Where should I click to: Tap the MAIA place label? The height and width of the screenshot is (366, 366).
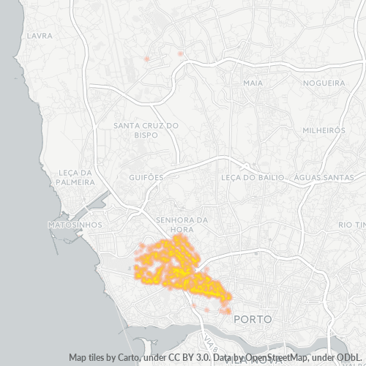click(253, 83)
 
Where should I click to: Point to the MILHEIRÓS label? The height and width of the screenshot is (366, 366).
click(323, 130)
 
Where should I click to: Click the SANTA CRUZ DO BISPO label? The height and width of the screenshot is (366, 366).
click(146, 130)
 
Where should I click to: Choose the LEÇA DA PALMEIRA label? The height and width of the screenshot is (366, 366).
click(75, 178)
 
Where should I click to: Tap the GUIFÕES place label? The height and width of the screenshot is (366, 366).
click(146, 177)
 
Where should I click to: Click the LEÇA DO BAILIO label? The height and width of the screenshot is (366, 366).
click(252, 177)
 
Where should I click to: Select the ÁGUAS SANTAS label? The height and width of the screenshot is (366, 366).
click(324, 177)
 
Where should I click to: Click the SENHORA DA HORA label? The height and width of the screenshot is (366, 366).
click(182, 224)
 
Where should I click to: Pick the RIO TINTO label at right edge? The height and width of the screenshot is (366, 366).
click(351, 225)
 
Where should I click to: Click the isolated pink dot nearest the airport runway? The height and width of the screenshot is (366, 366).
click(147, 59)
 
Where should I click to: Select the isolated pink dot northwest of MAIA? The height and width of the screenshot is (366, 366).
click(180, 53)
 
